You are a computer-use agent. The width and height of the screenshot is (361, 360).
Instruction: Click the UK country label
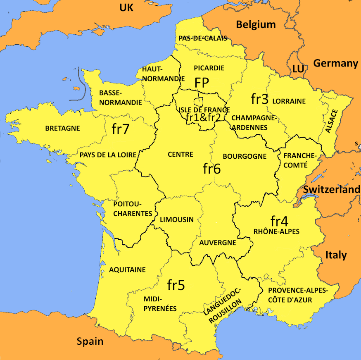(x=126, y=7)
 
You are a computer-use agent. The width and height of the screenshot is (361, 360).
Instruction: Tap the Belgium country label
(x=256, y=24)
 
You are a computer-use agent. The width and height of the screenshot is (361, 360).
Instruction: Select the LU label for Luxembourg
(x=298, y=69)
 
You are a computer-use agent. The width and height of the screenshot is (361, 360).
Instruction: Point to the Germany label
(x=335, y=63)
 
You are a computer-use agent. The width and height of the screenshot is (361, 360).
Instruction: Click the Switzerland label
(x=332, y=190)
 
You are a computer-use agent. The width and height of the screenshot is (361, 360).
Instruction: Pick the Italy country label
(x=336, y=255)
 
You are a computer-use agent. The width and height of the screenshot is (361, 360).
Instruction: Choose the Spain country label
(x=90, y=341)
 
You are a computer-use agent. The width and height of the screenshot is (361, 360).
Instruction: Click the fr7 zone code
(x=121, y=129)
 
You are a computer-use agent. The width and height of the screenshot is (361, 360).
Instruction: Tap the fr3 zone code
(x=260, y=99)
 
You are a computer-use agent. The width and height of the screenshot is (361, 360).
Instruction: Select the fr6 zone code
(x=212, y=168)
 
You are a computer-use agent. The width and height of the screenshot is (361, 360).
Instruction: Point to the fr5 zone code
(x=176, y=285)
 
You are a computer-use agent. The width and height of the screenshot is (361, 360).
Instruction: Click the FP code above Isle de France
(x=202, y=82)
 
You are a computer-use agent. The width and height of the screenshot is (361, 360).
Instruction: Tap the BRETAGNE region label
(x=62, y=129)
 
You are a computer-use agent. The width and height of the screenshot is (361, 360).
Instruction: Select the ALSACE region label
(x=331, y=121)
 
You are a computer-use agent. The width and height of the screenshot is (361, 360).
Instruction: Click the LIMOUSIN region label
(x=176, y=219)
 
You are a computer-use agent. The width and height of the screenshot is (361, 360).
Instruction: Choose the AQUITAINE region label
(x=127, y=270)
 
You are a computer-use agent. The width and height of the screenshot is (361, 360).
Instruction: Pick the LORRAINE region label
(x=289, y=101)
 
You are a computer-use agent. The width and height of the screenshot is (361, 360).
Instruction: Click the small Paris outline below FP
(x=199, y=101)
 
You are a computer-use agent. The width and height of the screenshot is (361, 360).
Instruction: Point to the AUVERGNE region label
(x=218, y=243)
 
